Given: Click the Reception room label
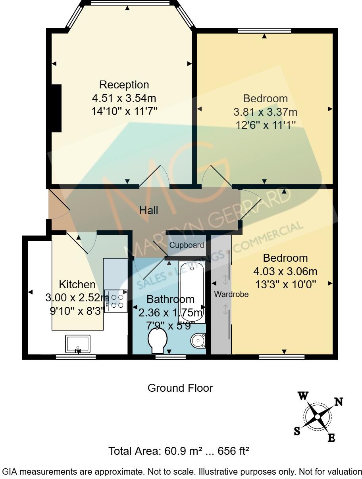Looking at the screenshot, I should point(124,85).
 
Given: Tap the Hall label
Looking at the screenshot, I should point(148,210).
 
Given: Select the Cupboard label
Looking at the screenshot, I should point(187,245).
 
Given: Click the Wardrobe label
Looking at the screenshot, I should point(231,295).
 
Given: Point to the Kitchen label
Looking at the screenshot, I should point(77,284).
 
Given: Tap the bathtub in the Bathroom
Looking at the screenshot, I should point(191,291).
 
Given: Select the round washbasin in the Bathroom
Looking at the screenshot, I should point(198,340).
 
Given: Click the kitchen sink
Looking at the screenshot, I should point(78,343).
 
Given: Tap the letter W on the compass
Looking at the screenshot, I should point(304,396).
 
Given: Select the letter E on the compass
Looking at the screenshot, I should point(331,438).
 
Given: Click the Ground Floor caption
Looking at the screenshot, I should point(180,388).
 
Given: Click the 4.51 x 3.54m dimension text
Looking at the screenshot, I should point(124,98).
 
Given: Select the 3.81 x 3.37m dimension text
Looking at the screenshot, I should point(265,112).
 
